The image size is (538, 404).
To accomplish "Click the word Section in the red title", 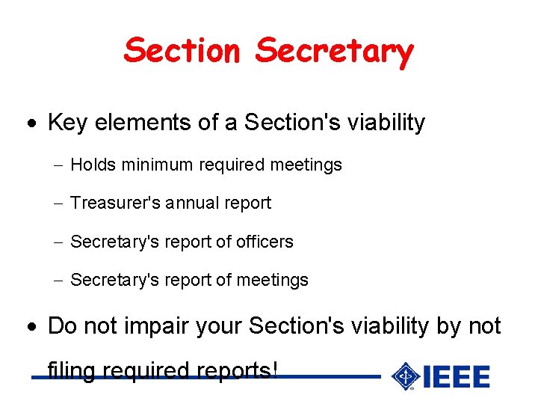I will coord(183,51).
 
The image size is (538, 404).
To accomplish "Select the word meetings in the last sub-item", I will coord(272,281).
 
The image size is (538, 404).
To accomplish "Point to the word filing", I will coord(71,370).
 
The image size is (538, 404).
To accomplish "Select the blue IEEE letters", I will coord(456,376).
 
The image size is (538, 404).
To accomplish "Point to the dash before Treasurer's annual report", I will coord(59,203).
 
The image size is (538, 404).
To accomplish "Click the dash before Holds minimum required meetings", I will coord(59,165).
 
